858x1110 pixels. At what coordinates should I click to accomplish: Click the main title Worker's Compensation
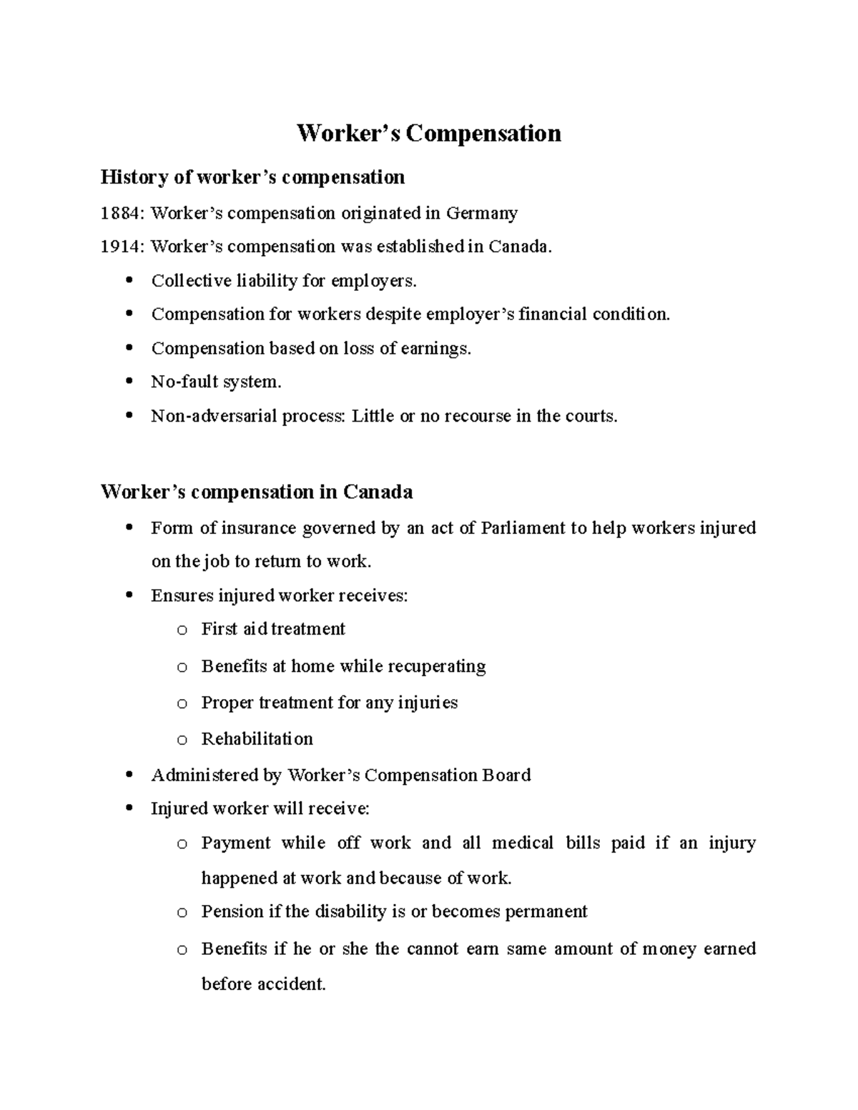[429, 134]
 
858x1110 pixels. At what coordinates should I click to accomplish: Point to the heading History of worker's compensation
[252, 177]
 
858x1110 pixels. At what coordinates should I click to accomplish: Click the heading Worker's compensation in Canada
[257, 492]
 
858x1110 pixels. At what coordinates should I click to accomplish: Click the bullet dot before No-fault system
[129, 381]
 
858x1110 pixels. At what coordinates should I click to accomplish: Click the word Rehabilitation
[257, 738]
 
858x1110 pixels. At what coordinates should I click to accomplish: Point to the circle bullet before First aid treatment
[182, 630]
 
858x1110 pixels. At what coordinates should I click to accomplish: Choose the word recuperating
[438, 666]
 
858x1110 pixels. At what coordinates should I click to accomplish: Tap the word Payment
[236, 843]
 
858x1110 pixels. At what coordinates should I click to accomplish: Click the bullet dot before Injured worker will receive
[129, 808]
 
